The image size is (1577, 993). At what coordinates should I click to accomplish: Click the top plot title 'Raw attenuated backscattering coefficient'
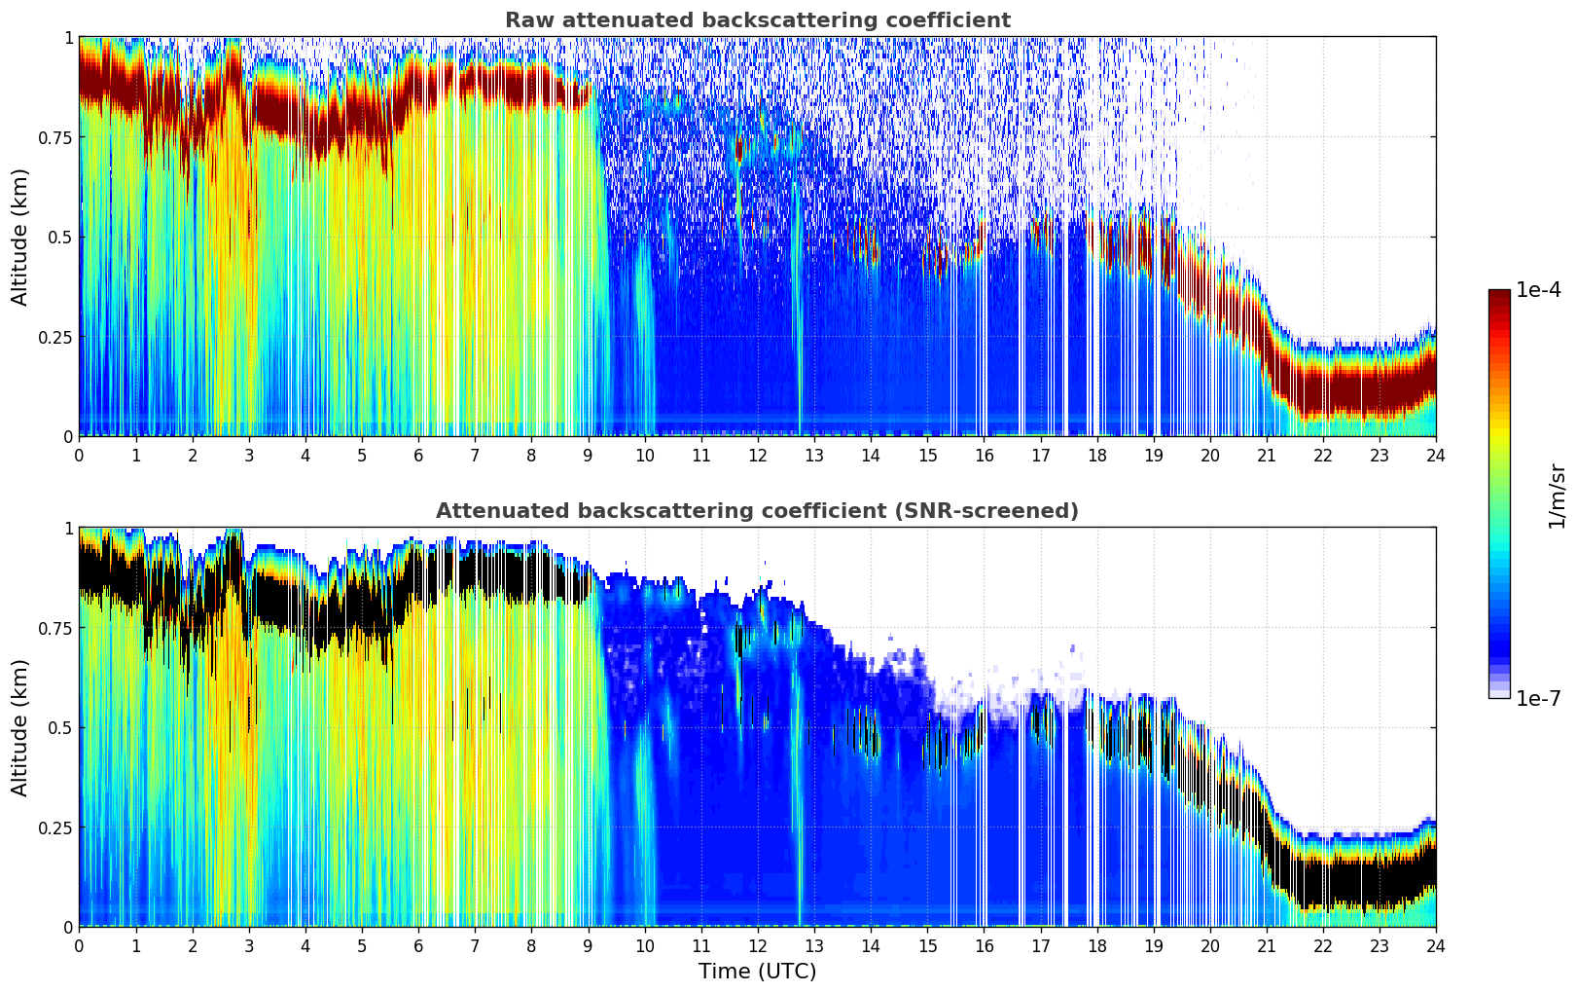click(757, 20)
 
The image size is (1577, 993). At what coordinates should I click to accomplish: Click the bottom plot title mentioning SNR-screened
click(757, 511)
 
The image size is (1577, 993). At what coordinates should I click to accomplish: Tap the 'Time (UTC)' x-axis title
click(757, 972)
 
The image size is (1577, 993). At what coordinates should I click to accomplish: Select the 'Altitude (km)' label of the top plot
click(20, 237)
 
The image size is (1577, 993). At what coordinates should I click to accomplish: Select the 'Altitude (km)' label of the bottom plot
click(20, 727)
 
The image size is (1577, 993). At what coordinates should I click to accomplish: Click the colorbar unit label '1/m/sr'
click(1557, 496)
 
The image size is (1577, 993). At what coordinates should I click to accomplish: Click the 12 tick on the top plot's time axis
click(757, 455)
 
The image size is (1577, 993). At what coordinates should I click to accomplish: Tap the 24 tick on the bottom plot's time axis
click(1435, 945)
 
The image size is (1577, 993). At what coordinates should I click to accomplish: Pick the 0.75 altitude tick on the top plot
click(54, 137)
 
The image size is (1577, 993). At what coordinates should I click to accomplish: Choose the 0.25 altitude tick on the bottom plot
click(54, 827)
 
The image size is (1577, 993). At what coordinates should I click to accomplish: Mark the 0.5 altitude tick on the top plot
click(60, 237)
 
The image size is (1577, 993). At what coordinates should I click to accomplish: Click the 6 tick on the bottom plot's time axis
click(418, 945)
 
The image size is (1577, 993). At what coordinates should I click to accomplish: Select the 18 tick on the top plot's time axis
click(1096, 455)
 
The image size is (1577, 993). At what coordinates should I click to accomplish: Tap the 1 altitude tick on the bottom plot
click(68, 528)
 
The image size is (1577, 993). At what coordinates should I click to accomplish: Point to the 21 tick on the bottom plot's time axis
click(1266, 945)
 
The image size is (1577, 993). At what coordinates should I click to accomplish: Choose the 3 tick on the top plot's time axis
click(249, 455)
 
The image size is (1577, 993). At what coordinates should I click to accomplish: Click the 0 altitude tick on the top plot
click(68, 436)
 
